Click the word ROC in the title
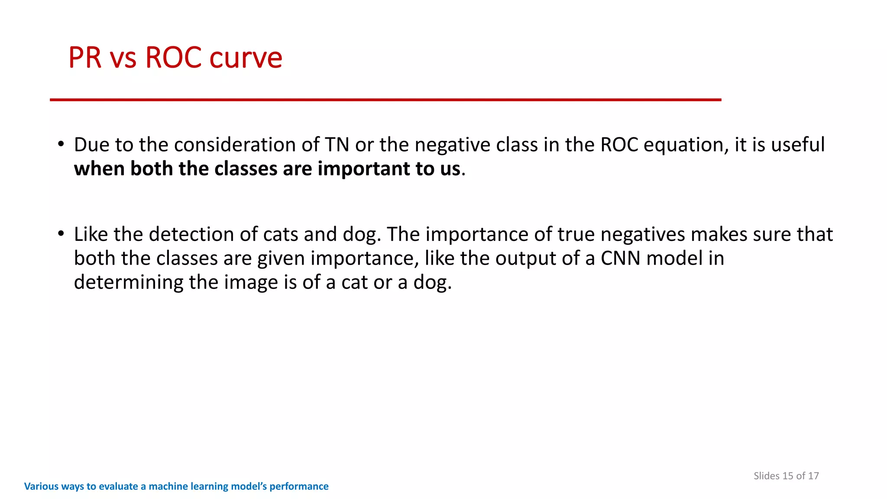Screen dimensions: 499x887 [x=173, y=58]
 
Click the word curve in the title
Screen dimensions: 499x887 [x=246, y=58]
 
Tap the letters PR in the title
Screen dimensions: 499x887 [x=85, y=58]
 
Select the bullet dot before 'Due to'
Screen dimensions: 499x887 [x=61, y=144]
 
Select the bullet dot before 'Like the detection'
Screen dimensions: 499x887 [x=61, y=233]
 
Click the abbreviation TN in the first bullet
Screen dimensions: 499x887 [x=337, y=145]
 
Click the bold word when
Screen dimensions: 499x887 [x=99, y=169]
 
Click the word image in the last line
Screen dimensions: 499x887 [x=251, y=283]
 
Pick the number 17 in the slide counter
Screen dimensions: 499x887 [x=813, y=476]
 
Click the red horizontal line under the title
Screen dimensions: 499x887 [x=385, y=100]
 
